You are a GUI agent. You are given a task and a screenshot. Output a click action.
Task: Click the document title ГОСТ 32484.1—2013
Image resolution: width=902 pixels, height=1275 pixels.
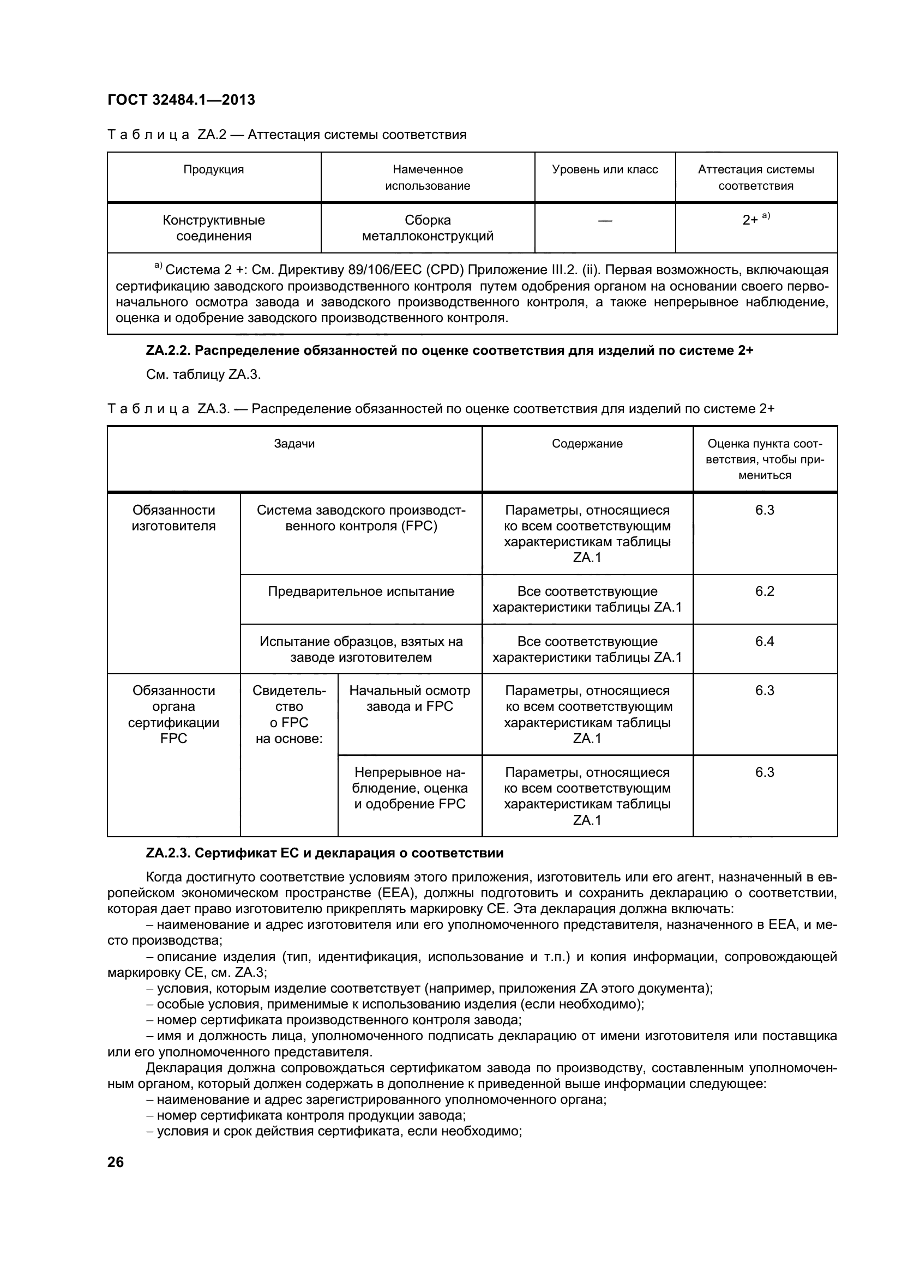[181, 100]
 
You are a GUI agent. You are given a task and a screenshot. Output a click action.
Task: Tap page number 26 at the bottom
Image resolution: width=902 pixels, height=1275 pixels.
[116, 1162]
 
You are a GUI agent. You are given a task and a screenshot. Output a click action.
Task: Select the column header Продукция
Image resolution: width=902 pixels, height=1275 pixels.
[213, 170]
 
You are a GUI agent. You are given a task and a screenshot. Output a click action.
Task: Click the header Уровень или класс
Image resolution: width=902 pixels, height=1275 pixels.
[604, 170]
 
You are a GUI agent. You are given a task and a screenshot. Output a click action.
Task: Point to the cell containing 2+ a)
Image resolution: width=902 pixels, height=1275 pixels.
[755, 219]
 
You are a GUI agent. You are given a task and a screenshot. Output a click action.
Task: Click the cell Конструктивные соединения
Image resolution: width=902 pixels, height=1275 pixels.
[213, 228]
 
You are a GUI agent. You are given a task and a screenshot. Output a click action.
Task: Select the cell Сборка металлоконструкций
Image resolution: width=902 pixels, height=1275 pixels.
[427, 228]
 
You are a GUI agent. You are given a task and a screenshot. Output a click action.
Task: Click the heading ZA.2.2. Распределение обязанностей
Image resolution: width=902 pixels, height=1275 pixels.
[449, 351]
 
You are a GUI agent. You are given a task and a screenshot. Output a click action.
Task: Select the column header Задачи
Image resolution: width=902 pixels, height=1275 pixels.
[294, 443]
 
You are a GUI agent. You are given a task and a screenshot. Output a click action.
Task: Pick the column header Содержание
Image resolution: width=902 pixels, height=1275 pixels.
[587, 443]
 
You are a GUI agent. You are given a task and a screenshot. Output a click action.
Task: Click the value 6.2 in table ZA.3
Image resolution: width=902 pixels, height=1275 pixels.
[764, 591]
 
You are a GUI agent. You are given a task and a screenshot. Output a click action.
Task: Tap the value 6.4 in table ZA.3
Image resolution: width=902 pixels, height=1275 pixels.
[764, 642]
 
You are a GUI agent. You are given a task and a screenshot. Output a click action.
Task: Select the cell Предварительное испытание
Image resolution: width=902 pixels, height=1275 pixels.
[360, 591]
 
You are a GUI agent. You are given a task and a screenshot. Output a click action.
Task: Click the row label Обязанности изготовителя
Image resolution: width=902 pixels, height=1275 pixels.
[173, 517]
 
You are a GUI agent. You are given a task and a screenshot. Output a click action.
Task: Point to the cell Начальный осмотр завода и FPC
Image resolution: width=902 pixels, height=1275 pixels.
[410, 698]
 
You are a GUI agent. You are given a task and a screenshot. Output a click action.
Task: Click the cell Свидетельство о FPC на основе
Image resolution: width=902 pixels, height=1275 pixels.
[289, 714]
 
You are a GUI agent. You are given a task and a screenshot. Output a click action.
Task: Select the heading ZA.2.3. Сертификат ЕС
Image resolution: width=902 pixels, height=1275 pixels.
[324, 853]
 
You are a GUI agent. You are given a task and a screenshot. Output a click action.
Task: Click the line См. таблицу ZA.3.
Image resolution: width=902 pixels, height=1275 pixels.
[203, 374]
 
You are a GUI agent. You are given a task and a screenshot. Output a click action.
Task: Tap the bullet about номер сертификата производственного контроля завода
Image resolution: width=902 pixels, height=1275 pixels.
[339, 1020]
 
